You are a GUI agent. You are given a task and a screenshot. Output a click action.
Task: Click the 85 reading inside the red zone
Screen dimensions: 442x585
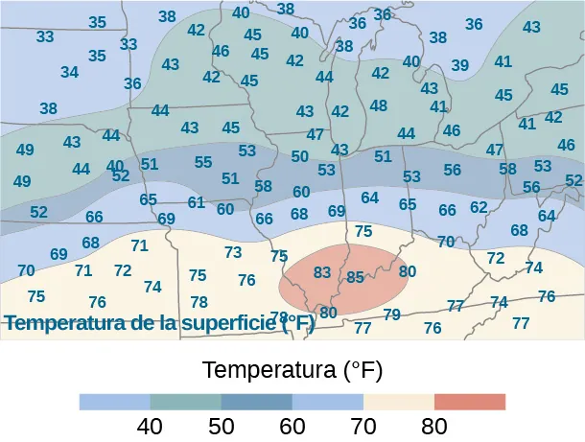tap(355, 277)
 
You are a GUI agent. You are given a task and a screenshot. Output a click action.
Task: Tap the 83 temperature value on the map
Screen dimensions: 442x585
tap(322, 272)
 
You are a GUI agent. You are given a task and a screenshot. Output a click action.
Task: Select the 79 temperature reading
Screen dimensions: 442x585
tap(391, 314)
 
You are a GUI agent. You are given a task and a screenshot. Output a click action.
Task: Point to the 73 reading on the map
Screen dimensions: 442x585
tap(233, 252)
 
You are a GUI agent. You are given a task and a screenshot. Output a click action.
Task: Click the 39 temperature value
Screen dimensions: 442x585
tap(460, 65)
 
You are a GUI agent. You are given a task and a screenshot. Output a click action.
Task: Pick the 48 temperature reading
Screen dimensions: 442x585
tap(379, 105)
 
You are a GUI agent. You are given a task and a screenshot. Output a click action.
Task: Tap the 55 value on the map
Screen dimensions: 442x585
tap(203, 162)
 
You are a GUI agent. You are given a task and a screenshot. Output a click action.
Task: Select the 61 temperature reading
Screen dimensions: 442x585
tap(197, 202)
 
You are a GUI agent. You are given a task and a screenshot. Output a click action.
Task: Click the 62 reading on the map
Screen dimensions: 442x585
tap(479, 207)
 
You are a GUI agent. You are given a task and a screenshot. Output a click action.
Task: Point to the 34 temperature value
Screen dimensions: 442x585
tap(69, 72)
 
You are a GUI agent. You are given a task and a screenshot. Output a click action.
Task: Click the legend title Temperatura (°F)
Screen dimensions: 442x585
tap(292, 369)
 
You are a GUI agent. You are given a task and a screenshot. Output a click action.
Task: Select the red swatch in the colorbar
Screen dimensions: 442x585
tap(470, 401)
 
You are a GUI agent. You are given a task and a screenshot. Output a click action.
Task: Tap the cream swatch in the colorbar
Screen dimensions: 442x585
tap(399, 401)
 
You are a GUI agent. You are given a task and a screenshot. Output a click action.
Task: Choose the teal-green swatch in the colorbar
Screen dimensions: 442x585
tap(186, 401)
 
